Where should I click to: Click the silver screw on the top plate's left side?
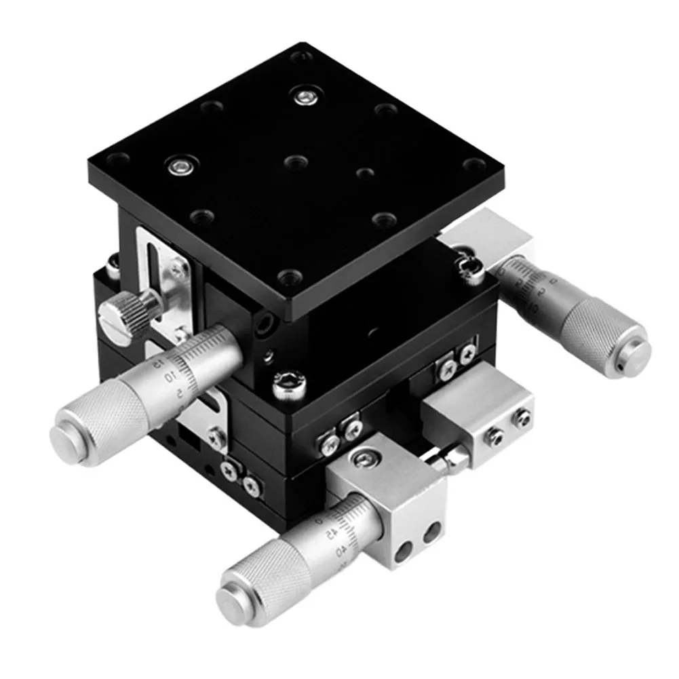[181, 165]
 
